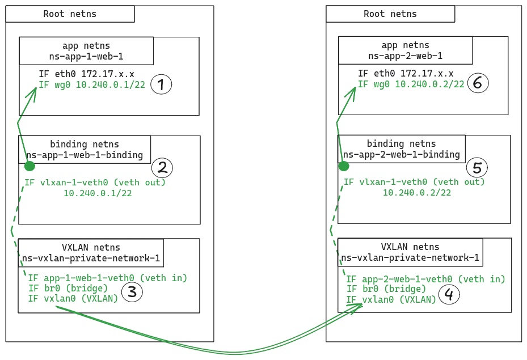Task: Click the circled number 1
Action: (x=161, y=84)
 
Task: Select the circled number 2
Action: (x=162, y=168)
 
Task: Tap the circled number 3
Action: (x=132, y=292)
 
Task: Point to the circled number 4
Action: (x=449, y=295)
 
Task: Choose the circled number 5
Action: (x=477, y=168)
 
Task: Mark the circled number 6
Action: (x=477, y=84)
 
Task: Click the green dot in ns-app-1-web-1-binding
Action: (x=29, y=166)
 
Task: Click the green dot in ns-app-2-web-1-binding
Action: (x=343, y=167)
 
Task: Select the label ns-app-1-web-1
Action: (x=86, y=56)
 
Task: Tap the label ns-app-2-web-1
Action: (x=405, y=56)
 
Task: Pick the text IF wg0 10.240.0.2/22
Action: (x=411, y=84)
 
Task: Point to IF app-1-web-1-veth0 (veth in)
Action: (x=107, y=278)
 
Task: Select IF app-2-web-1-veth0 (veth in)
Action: (x=425, y=279)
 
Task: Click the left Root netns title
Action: (x=70, y=14)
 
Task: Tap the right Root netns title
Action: (x=390, y=14)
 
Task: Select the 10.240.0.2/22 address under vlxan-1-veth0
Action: (x=417, y=193)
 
